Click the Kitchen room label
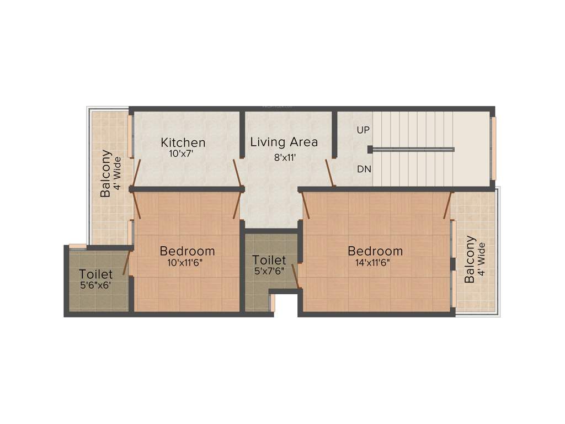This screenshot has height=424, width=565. point(183,142)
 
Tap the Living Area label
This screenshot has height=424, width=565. point(284,142)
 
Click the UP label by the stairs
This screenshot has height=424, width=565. point(363,130)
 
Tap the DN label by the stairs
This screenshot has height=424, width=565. point(364,169)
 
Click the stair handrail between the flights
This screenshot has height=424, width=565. point(412,149)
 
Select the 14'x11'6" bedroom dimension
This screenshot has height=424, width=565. point(375,263)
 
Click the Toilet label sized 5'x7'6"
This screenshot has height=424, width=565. point(269,259)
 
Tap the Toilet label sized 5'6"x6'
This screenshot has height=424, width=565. point(96,274)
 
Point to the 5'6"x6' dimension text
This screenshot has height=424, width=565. point(96,285)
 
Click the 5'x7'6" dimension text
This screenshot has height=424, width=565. point(269,271)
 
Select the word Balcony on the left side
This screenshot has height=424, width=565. point(106,174)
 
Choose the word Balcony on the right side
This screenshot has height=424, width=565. point(470,259)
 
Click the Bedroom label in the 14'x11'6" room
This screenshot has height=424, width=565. point(375,251)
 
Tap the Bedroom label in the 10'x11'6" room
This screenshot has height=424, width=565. point(187,251)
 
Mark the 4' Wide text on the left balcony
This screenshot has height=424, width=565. point(117,174)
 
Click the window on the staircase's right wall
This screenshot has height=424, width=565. point(493,149)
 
